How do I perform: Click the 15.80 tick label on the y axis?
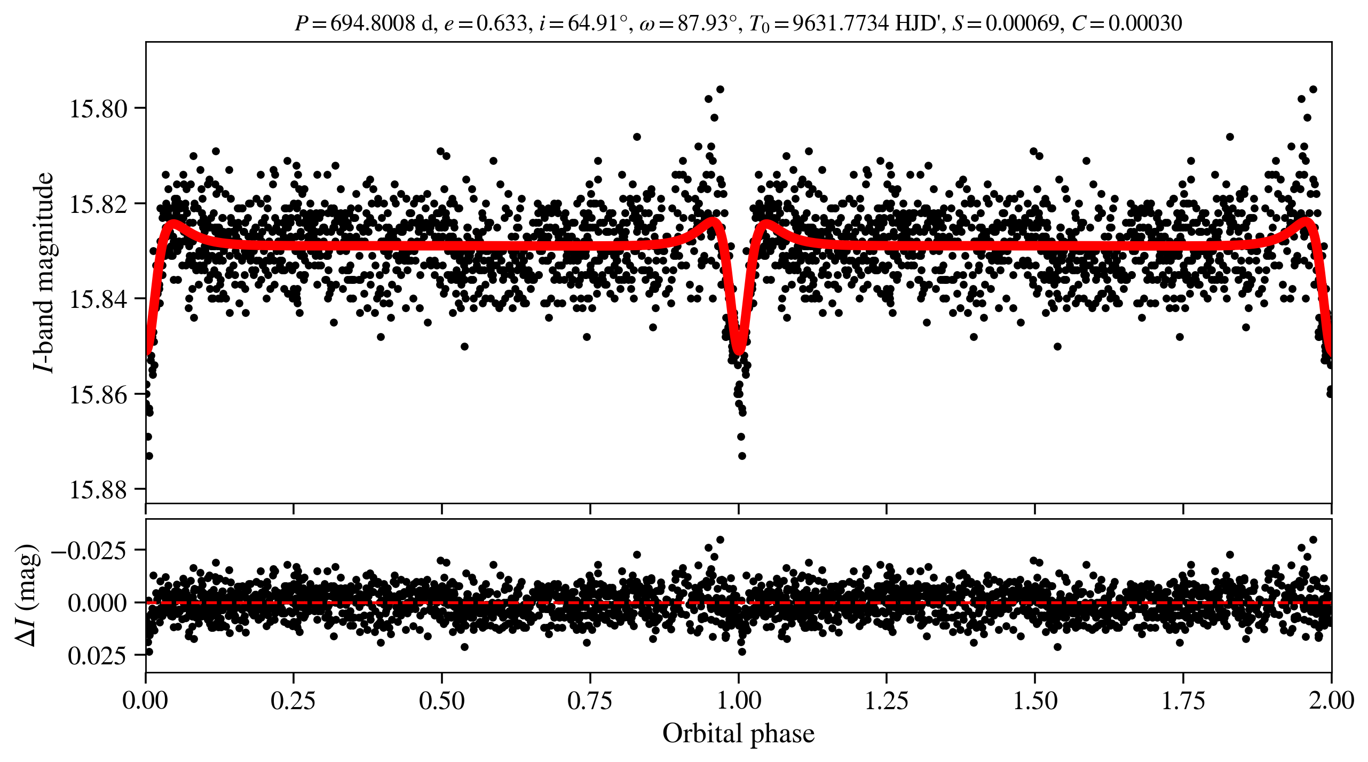click(99, 109)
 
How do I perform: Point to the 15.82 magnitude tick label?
click(99, 204)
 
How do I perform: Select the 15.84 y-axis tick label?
click(99, 299)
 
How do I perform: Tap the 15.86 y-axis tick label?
click(99, 395)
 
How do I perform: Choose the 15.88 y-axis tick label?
click(99, 490)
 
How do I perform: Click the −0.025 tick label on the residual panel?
click(89, 550)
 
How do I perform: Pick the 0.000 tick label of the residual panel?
click(98, 603)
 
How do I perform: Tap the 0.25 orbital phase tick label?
click(293, 701)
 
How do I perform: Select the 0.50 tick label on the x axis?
click(441, 701)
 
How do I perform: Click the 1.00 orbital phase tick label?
click(738, 701)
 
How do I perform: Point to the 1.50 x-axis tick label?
click(1035, 701)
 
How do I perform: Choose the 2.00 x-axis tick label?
click(1331, 701)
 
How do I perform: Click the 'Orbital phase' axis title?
click(738, 734)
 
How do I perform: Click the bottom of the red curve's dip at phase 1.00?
click(739, 350)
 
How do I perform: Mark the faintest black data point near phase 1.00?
click(742, 456)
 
